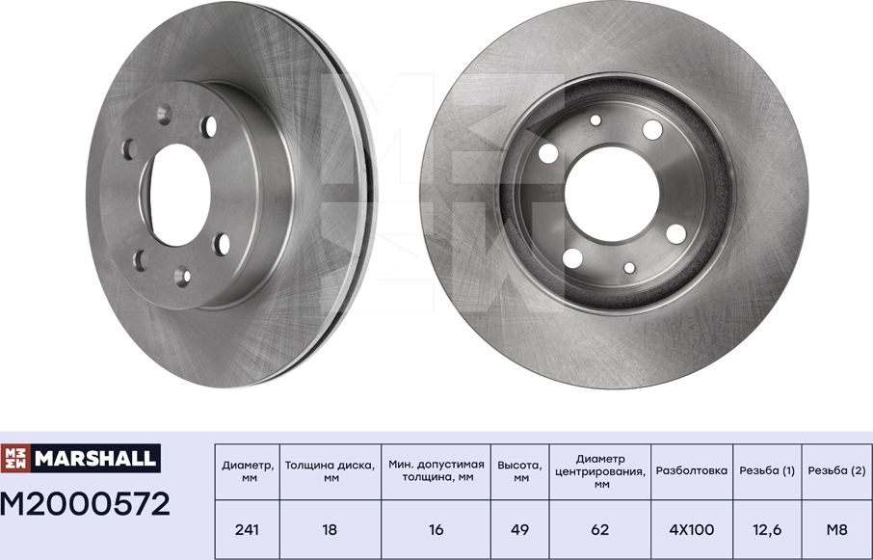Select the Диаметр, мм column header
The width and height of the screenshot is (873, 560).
248,471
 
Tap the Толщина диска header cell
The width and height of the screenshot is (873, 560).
331,471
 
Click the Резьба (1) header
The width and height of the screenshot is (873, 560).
767,471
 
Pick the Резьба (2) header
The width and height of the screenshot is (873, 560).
836,471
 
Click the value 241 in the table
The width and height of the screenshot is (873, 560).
248,529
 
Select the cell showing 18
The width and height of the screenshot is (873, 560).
331,529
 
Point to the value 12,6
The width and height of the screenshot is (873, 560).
767,529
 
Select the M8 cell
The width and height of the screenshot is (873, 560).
836,529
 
